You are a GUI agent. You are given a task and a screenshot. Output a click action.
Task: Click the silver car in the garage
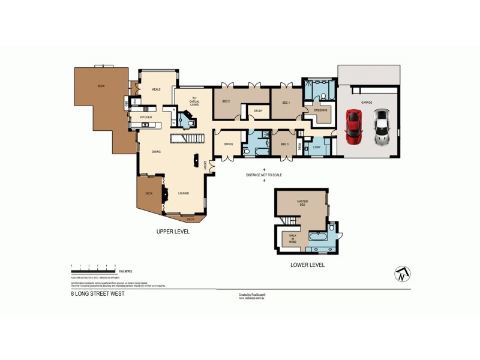[381, 127]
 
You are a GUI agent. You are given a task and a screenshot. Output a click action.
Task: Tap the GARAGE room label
[367, 103]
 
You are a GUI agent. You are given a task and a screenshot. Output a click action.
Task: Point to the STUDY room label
[259, 111]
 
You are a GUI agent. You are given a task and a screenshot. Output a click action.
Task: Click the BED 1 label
[286, 102]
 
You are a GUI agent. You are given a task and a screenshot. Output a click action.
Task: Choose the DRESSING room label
[320, 110]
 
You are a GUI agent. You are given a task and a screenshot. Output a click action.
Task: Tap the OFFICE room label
[228, 144]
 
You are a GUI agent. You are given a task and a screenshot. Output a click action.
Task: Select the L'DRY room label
[317, 146]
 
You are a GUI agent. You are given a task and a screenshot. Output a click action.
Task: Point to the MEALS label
[156, 89]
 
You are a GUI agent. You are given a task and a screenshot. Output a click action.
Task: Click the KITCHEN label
[146, 117]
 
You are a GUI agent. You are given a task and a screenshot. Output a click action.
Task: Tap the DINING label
[156, 152]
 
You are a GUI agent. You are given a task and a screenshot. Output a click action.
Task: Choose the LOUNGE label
[184, 193]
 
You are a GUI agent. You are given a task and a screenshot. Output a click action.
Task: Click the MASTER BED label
[301, 203]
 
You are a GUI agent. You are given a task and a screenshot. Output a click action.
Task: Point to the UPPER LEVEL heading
[173, 231]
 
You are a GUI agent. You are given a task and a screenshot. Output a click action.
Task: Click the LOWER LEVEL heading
[307, 265]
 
